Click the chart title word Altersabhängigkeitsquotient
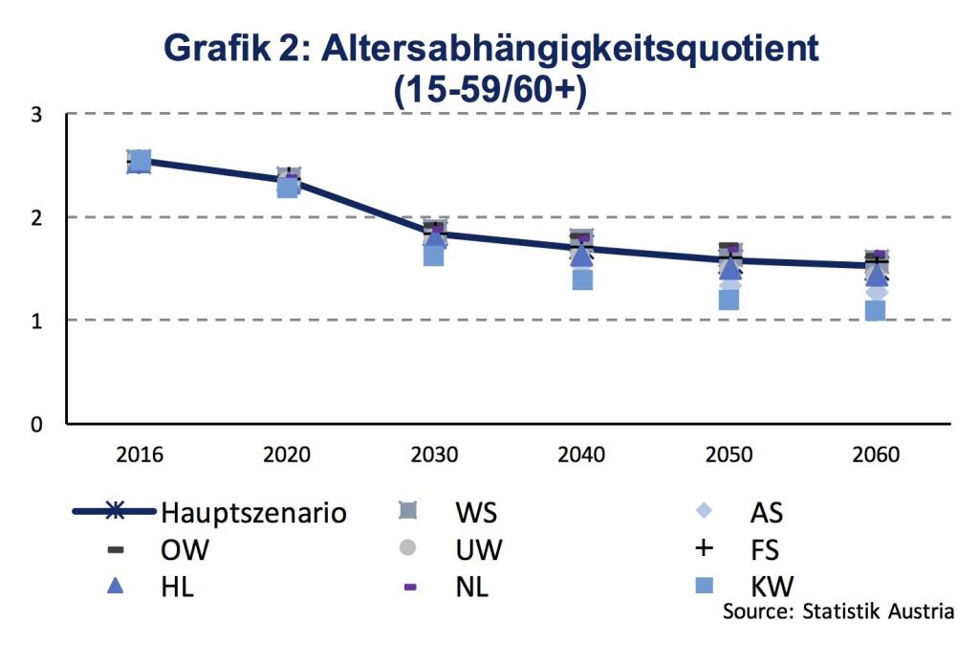tap(573, 48)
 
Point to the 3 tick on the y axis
tap(36, 115)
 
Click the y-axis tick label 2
tap(36, 217)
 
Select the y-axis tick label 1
tap(36, 320)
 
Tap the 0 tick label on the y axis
tap(36, 423)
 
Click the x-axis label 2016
tap(140, 455)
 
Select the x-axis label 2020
tap(287, 455)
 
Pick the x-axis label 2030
tap(434, 455)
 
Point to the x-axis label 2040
tap(581, 455)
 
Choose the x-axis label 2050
tap(729, 455)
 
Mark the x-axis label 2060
tap(876, 455)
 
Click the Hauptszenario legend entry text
tap(253, 513)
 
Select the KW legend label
tap(772, 586)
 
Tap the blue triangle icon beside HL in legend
tap(115, 586)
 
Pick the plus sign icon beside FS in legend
tap(705, 548)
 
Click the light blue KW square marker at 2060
tap(876, 310)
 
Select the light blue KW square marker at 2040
tap(581, 279)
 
